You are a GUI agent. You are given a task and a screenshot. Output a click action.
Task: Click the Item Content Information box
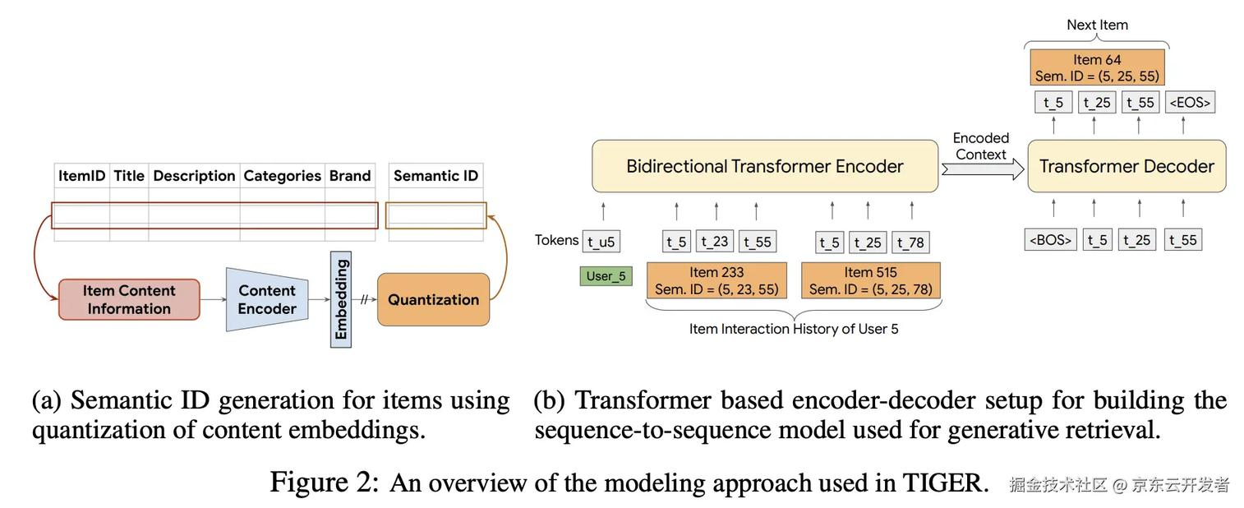[129, 299]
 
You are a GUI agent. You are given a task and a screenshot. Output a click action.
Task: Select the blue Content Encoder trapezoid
[267, 300]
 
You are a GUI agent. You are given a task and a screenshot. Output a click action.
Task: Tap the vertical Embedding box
[341, 299]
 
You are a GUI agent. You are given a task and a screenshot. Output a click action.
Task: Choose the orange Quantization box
[433, 299]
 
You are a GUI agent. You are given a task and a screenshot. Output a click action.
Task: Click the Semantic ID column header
[435, 175]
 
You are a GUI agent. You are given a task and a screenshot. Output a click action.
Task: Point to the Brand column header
[350, 175]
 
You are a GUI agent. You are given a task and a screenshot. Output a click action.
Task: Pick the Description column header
[194, 175]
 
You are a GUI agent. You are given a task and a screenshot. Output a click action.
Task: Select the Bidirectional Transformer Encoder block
[764, 166]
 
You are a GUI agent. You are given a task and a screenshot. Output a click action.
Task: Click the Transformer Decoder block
[1126, 166]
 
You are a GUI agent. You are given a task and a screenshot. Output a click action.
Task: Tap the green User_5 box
[606, 276]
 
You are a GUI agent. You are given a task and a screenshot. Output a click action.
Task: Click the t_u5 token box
[601, 241]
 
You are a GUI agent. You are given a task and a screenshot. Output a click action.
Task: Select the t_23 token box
[716, 242]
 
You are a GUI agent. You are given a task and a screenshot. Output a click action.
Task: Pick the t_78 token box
[910, 242]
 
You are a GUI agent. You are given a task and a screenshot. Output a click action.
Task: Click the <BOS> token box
[1049, 240]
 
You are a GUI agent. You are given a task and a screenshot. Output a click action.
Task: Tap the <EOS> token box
[1190, 103]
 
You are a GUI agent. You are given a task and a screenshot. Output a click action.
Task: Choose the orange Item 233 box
[716, 280]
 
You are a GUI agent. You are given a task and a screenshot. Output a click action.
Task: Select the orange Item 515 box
[870, 280]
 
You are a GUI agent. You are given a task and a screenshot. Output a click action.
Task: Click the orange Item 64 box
[1097, 67]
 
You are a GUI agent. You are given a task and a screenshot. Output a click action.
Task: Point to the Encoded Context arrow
[983, 169]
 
